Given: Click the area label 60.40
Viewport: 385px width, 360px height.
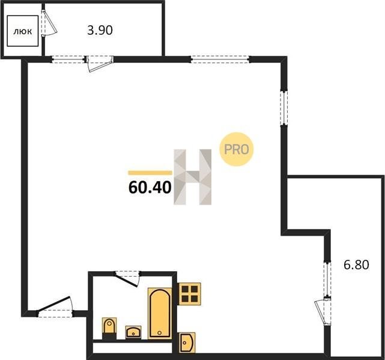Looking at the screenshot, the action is (150, 188).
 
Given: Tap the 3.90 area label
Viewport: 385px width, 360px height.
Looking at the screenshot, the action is (100, 31).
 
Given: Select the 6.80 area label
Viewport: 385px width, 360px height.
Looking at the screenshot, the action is (356, 265).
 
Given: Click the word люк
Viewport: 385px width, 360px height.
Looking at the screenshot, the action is (23, 31).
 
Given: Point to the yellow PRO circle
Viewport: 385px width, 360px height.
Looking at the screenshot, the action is (236, 149).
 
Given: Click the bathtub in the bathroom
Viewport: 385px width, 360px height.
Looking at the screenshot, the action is (160, 313).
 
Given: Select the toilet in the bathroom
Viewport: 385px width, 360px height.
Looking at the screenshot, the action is (109, 328).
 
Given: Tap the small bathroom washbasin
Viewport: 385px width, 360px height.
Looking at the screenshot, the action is (133, 332).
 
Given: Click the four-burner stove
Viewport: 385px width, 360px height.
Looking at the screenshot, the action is (190, 294).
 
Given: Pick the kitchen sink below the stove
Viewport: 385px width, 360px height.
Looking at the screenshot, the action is (187, 343).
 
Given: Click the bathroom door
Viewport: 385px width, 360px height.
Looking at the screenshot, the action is (128, 278).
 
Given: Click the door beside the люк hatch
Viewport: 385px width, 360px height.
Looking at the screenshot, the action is (49, 23).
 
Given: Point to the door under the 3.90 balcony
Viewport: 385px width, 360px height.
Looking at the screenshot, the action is (99, 63).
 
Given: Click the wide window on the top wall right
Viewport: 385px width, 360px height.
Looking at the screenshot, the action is (220, 59).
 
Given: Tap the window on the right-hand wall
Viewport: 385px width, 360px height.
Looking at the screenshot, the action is (284, 108).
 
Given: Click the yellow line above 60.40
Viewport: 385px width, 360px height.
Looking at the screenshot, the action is (150, 173).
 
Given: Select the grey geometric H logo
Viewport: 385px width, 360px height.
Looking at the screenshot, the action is (192, 177).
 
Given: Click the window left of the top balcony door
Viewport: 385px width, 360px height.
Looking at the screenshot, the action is (68, 59).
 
